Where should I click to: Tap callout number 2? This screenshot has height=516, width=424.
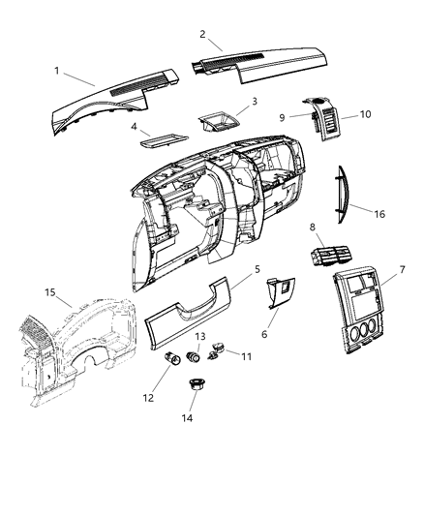(202, 34)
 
